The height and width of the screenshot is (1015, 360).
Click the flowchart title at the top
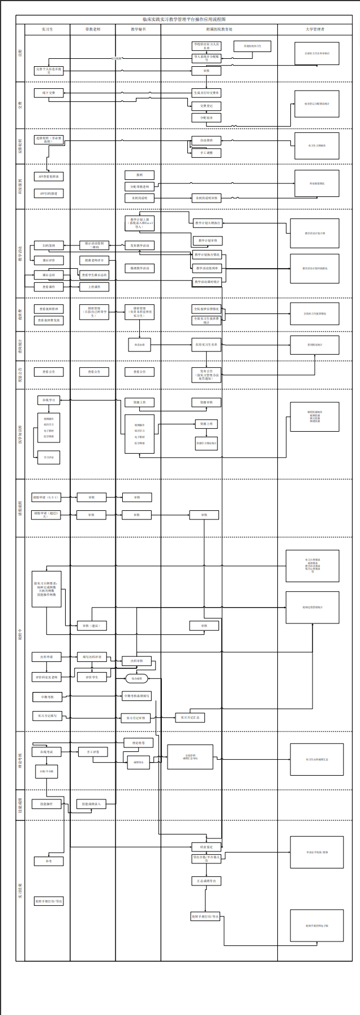click(x=184, y=19)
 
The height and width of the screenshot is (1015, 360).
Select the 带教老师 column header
click(x=93, y=29)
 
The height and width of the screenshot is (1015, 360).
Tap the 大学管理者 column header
click(x=315, y=29)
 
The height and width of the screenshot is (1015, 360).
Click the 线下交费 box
click(x=49, y=93)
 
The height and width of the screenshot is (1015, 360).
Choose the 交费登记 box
click(x=206, y=106)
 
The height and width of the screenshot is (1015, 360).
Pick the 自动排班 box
click(x=206, y=140)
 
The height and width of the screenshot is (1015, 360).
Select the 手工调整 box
click(x=206, y=153)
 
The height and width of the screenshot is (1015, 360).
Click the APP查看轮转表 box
click(x=49, y=177)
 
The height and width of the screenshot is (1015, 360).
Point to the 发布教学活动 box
click(x=139, y=246)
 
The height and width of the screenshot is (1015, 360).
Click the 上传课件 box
click(x=94, y=287)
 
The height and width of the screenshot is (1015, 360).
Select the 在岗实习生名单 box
click(x=206, y=345)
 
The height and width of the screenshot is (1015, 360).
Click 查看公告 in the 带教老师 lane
click(x=94, y=372)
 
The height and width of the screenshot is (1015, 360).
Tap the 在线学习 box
click(x=49, y=399)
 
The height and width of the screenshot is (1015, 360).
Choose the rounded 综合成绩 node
click(x=136, y=678)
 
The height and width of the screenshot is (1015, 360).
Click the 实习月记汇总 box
click(x=190, y=717)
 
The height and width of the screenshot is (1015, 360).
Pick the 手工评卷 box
click(x=92, y=752)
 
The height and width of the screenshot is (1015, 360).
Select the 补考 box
click(x=49, y=861)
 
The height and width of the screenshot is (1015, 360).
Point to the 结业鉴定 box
click(x=206, y=847)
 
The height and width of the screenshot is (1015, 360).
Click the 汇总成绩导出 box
click(x=206, y=881)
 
